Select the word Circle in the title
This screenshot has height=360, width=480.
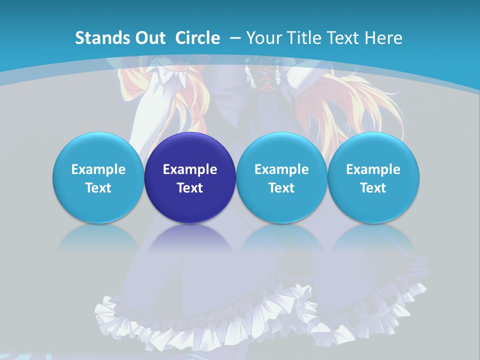(197, 38)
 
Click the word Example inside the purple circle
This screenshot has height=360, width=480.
(190, 169)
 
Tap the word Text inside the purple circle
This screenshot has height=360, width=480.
(190, 188)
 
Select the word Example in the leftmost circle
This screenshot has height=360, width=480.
(98, 169)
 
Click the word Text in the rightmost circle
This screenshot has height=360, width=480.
(373, 188)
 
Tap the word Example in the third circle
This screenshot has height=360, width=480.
(281, 169)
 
